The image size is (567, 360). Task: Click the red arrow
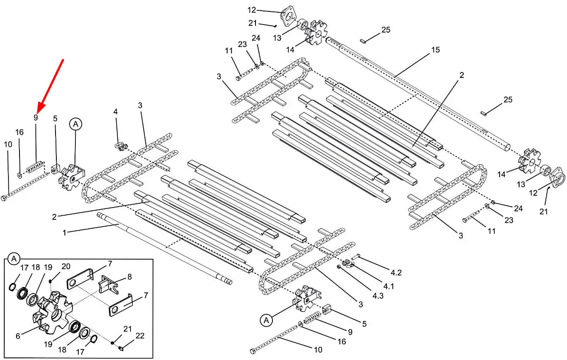click(x=50, y=85)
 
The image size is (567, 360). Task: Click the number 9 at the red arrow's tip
click(x=36, y=118)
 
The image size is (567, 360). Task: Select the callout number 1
click(x=64, y=233)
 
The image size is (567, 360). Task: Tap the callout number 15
click(x=435, y=50)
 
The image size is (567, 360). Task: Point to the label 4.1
click(x=389, y=286)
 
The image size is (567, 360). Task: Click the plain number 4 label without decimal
click(x=115, y=112)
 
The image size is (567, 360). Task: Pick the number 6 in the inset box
click(x=18, y=336)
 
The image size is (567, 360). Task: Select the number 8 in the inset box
click(x=129, y=277)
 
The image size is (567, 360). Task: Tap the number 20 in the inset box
click(x=66, y=267)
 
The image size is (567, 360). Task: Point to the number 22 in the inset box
click(x=140, y=336)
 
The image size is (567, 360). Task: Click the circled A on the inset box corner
click(x=14, y=258)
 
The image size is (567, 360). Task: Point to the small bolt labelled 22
click(x=121, y=349)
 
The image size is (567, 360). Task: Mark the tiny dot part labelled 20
click(x=50, y=280)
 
